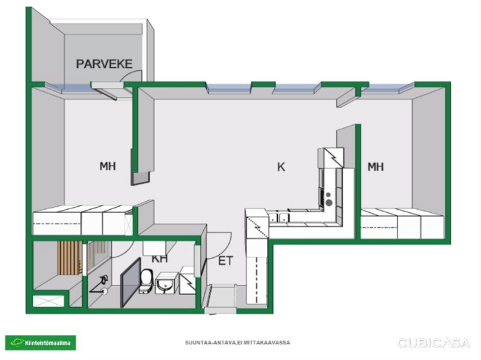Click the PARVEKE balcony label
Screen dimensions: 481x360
[104, 64]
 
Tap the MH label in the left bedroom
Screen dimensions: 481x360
[108, 166]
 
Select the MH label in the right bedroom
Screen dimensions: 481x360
[376, 167]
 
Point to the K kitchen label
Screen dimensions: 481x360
[281, 167]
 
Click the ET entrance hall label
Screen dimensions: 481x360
[226, 261]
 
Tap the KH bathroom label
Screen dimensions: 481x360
[159, 258]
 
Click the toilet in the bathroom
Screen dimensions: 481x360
[146, 281]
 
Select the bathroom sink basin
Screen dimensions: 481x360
[166, 283]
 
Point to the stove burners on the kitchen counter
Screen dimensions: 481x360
[328, 199]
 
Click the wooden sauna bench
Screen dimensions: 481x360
[70, 258]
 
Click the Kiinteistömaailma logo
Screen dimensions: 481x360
[40, 343]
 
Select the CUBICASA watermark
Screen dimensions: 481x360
[434, 343]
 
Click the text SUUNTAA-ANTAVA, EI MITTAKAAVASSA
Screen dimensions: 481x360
[237, 343]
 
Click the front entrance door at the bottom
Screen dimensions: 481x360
[220, 311]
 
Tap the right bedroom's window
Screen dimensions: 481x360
[387, 88]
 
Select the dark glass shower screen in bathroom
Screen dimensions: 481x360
[130, 282]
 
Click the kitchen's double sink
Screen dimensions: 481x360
[279, 218]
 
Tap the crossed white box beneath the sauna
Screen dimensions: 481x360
[49, 301]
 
